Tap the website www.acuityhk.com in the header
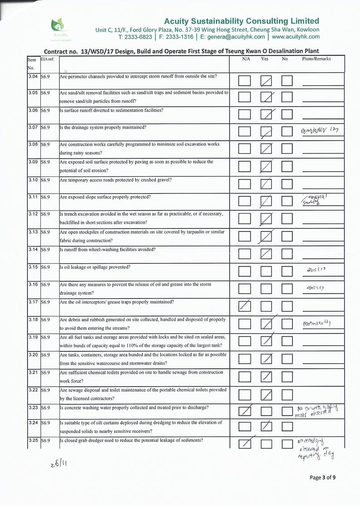(296, 37)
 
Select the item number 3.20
(33, 355)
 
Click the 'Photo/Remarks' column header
(316, 59)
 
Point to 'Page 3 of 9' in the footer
(323, 477)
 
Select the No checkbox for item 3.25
(287, 446)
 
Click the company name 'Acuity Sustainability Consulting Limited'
(241, 21)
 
